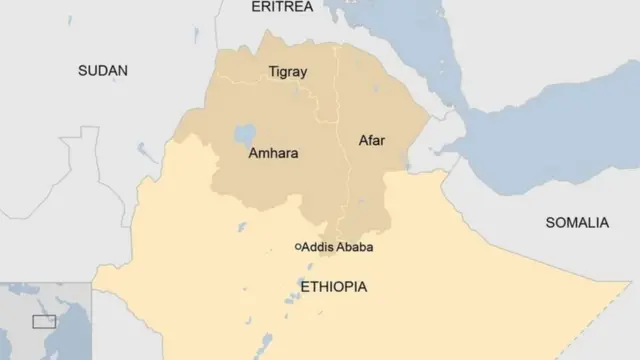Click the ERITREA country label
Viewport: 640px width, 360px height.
[x=282, y=7]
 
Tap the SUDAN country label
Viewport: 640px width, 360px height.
[x=104, y=70]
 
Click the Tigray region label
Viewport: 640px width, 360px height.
[x=288, y=72]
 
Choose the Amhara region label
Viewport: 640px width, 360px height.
[x=273, y=154]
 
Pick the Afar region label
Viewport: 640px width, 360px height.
[x=372, y=140]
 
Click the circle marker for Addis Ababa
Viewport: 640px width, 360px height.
[x=297, y=246]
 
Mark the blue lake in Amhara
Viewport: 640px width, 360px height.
[x=243, y=133]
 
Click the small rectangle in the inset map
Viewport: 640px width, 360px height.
[x=43, y=321]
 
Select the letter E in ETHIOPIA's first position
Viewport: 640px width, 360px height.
[x=304, y=287]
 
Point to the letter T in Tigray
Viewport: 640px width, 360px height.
[x=272, y=72]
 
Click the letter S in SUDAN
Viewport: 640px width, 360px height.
[x=84, y=70]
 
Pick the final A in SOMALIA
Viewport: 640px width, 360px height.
[x=603, y=222]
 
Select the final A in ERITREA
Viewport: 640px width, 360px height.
[x=308, y=7]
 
